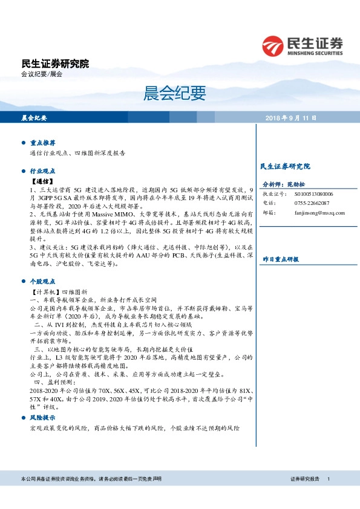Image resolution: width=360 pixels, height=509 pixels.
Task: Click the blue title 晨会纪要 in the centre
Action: [x=180, y=92]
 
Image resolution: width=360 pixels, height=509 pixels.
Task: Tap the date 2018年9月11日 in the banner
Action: [x=290, y=117]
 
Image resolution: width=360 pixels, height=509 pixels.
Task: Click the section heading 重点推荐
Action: [x=43, y=143]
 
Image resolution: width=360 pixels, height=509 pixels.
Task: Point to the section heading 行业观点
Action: [x=43, y=170]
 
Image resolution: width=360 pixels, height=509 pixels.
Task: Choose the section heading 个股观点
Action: [x=43, y=281]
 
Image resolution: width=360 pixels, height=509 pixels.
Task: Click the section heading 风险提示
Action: [x=43, y=417]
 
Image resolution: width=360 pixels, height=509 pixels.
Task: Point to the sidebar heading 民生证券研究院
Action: [x=284, y=166]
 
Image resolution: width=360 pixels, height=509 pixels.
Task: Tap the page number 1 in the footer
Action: [x=328, y=478]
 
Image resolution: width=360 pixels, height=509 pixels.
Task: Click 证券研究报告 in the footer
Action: [x=304, y=478]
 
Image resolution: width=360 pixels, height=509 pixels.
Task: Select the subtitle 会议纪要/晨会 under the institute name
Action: [x=42, y=74]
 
